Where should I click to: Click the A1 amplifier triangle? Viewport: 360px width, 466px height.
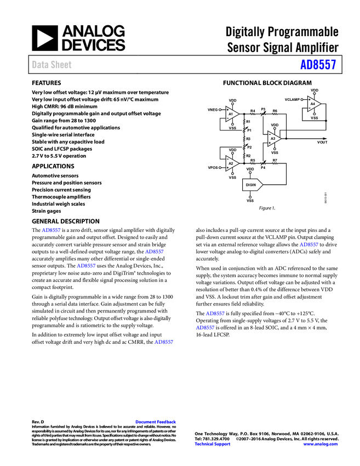point(232,114)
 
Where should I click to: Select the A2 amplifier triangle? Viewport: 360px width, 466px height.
point(232,163)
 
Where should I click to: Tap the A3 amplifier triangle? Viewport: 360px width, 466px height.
point(273,138)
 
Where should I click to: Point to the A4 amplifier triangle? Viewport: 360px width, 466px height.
point(313,104)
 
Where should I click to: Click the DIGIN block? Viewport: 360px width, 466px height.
point(252,185)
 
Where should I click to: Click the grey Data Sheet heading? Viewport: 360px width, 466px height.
point(52,65)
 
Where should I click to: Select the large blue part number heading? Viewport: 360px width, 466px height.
point(318,65)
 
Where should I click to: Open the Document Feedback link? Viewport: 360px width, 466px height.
point(156,422)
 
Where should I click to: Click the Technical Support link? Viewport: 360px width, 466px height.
point(213,444)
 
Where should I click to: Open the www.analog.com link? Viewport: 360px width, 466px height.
point(321,444)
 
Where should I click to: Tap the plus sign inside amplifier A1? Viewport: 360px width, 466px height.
point(228,110)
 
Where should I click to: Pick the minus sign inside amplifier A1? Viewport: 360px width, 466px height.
point(228,118)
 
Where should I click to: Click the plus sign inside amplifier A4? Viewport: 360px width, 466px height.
point(310,100)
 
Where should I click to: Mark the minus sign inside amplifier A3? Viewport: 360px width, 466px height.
point(270,134)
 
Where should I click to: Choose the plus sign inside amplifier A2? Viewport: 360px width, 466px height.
point(228,167)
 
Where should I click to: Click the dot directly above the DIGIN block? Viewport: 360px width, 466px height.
point(250,173)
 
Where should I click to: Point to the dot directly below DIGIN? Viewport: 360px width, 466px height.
point(250,197)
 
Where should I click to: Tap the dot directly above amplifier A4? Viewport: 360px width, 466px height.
point(314,94)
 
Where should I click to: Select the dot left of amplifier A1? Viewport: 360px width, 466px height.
point(220,110)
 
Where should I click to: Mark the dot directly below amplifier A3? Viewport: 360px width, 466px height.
point(275,149)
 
